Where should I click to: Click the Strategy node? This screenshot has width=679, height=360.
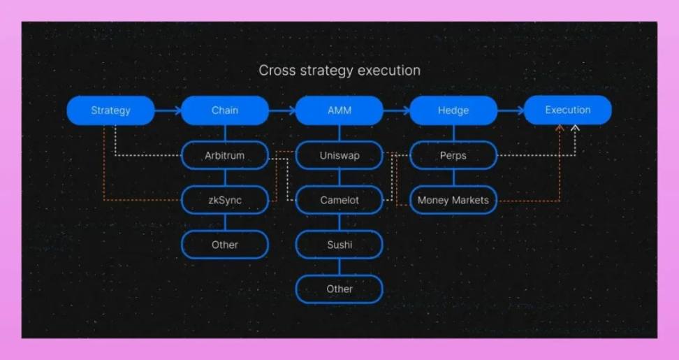coord(110,110)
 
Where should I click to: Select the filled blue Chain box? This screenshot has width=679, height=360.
coord(225,110)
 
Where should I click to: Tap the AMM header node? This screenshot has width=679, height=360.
coord(339,110)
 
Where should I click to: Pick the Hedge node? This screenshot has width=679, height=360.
coord(453,110)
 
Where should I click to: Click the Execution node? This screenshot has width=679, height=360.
coord(568,110)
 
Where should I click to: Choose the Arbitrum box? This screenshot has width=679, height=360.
coord(225,155)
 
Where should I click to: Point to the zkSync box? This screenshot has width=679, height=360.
coord(225,200)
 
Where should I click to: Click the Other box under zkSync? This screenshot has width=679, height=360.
coord(225,245)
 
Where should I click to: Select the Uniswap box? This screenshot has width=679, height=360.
coord(339,155)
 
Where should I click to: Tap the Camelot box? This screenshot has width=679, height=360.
coord(339,200)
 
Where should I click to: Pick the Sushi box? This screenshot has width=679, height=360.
coord(339,245)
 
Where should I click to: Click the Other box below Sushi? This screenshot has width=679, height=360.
coord(339,289)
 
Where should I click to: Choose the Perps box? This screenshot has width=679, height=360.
coord(453,155)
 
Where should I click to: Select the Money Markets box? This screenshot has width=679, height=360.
coord(453,200)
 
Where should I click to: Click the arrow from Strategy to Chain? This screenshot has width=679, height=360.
coord(168,110)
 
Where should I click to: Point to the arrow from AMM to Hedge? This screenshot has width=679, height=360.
coord(397,110)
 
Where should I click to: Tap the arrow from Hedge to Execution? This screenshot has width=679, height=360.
coord(511,110)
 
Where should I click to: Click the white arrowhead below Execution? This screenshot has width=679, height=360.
coord(575,128)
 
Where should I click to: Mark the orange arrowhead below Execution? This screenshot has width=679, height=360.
coord(560,128)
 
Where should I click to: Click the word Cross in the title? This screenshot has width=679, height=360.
coord(276,70)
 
